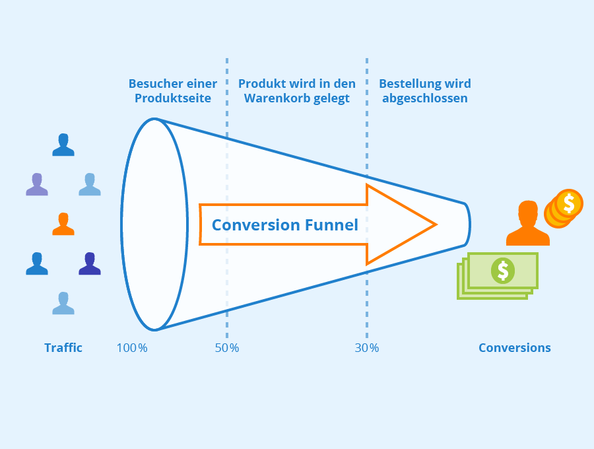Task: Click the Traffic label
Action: pyautogui.click(x=63, y=348)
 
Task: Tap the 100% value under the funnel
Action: pyautogui.click(x=132, y=348)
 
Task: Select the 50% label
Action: pyautogui.click(x=227, y=348)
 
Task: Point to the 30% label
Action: pyautogui.click(x=367, y=348)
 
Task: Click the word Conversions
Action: pyautogui.click(x=514, y=348)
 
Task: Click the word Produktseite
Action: pyautogui.click(x=173, y=98)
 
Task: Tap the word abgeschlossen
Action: pyautogui.click(x=424, y=98)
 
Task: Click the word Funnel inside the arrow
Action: pyautogui.click(x=331, y=224)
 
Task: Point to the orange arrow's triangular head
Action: pyautogui.click(x=401, y=224)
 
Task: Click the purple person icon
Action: pyautogui.click(x=37, y=184)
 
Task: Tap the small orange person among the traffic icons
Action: pyautogui.click(x=63, y=224)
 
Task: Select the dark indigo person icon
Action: pyautogui.click(x=90, y=263)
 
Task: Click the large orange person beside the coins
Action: pyautogui.click(x=528, y=223)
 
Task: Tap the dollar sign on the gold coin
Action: pyautogui.click(x=569, y=203)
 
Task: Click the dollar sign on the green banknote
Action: pyautogui.click(x=503, y=271)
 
